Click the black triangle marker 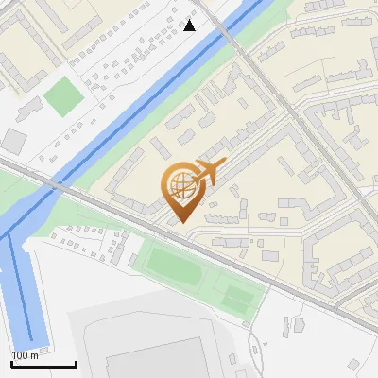point(190,25)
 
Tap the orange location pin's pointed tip point(181,222)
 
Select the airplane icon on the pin point(208,172)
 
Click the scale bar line point(43,364)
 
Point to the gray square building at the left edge point(13,141)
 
